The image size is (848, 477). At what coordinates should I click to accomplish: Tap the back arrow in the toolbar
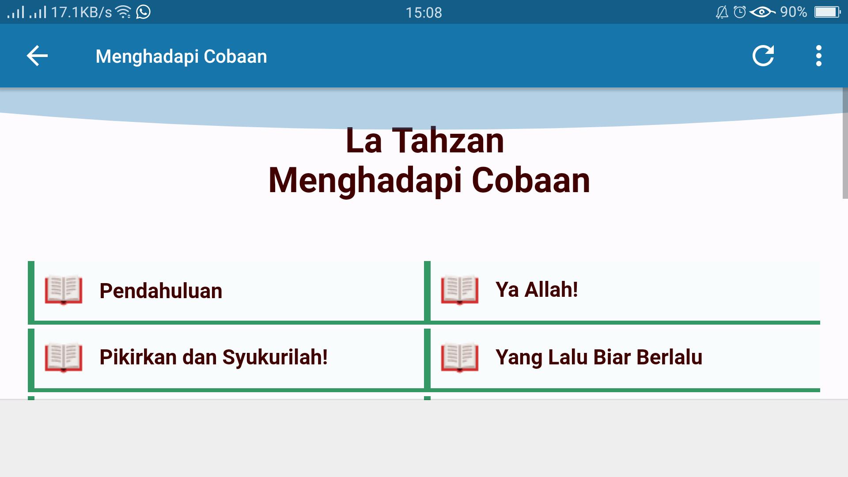[x=37, y=56]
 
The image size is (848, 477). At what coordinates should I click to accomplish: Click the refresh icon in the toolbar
[x=763, y=56]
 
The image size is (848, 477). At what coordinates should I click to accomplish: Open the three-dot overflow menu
[x=819, y=56]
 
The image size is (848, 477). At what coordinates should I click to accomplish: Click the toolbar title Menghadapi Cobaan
[x=181, y=57]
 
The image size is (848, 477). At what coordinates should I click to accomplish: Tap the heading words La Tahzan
[x=424, y=141]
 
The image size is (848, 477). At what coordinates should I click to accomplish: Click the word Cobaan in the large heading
[x=531, y=180]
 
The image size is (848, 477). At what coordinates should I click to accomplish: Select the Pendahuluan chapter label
[x=161, y=291]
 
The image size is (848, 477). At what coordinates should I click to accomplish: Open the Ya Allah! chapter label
[x=537, y=290]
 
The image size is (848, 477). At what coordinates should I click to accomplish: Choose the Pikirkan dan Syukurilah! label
[x=213, y=357]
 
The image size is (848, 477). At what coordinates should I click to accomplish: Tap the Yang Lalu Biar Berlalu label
[x=598, y=357]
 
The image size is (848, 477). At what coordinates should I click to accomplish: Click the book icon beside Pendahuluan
[x=64, y=290]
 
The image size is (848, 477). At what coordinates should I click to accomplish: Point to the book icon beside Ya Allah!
[x=460, y=290]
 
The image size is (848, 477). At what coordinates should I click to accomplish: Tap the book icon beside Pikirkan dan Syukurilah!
[x=64, y=357]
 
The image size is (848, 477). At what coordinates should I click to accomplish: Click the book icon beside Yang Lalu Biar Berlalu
[x=460, y=357]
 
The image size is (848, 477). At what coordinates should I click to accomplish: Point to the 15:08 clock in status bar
[x=424, y=12]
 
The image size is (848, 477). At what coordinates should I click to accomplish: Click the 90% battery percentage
[x=793, y=12]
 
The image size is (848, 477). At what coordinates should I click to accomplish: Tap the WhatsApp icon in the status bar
[x=143, y=11]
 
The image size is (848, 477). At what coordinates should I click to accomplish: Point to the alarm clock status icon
[x=740, y=12]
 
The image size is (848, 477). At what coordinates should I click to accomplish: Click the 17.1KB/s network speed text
[x=82, y=12]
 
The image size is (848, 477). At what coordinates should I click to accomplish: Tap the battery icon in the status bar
[x=828, y=12]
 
